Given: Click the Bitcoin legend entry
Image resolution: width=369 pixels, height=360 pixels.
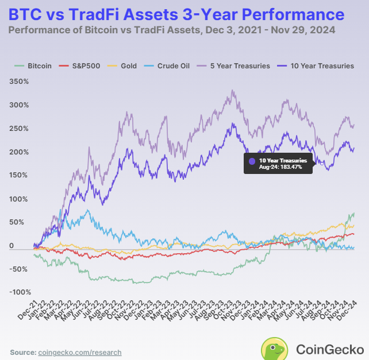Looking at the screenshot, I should click(x=36, y=66).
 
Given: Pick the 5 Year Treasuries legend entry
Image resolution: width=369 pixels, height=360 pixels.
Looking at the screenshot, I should click(x=236, y=66).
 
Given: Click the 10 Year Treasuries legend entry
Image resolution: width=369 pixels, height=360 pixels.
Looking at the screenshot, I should click(x=320, y=66).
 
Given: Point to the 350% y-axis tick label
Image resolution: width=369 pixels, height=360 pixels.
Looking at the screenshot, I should click(x=18, y=82).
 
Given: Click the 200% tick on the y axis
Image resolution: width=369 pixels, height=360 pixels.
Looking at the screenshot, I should click(x=18, y=152).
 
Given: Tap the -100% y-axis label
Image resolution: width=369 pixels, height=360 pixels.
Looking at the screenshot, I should click(x=17, y=292).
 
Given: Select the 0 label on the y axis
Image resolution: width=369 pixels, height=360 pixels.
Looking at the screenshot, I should click(x=26, y=246).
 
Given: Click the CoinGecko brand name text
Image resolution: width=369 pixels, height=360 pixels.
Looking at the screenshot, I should click(x=329, y=349).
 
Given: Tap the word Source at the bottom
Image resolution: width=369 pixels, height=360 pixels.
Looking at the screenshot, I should click(x=22, y=352).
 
